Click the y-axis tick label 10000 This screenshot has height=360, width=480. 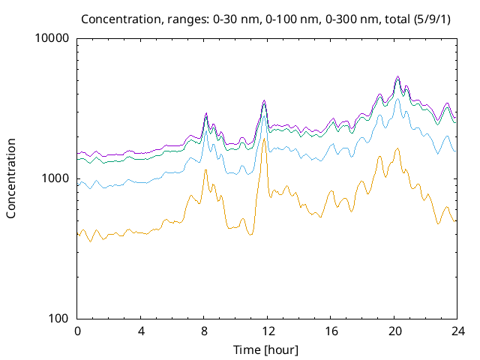click(52, 38)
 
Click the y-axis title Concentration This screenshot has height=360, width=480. click(11, 178)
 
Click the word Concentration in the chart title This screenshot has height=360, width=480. click(119, 18)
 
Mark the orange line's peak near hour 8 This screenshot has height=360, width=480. click(205, 170)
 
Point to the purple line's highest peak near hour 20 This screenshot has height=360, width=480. click(397, 76)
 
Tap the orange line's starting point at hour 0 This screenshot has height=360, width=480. click(78, 235)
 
